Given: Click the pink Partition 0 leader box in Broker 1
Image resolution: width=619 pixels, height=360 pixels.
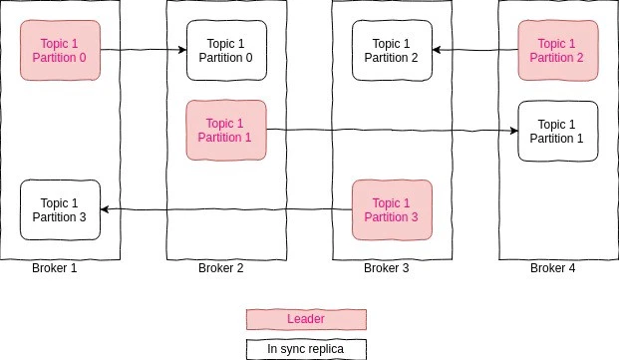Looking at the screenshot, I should [x=60, y=50].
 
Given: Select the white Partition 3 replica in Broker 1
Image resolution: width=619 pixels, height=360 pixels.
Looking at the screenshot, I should [x=60, y=209].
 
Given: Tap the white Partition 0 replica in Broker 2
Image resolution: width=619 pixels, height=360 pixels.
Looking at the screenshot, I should [x=226, y=50].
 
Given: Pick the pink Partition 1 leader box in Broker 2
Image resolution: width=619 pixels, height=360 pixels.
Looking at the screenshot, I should [x=226, y=130].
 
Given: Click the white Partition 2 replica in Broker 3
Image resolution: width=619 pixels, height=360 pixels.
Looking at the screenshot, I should [x=392, y=50].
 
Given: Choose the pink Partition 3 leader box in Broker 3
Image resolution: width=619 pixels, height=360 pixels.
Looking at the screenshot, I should [x=392, y=209].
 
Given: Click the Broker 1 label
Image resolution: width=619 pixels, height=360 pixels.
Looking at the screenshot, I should [x=55, y=268].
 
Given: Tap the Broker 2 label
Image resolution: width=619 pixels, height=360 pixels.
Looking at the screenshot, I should [x=220, y=268].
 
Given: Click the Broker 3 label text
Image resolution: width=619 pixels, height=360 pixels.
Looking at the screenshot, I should [x=387, y=268].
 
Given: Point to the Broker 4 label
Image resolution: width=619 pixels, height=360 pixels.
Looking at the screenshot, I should [x=552, y=268].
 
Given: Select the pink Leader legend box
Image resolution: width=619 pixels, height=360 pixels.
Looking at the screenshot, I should [x=306, y=319].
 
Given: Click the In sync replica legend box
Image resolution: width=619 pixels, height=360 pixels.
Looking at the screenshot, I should [x=306, y=349].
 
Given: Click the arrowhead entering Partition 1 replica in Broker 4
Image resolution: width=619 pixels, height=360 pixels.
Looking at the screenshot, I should [x=513, y=131].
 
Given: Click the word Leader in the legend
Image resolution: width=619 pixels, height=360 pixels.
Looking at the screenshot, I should [x=306, y=319].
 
